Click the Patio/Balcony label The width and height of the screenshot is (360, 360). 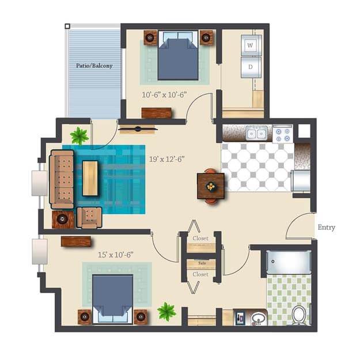(94, 66)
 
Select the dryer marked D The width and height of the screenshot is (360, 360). (251, 66)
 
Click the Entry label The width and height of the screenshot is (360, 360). (327, 228)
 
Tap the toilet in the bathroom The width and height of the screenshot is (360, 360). (298, 314)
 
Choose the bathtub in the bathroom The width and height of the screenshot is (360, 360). (289, 262)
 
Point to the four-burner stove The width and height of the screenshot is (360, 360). (282, 134)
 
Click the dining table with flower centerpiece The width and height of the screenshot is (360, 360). (211, 186)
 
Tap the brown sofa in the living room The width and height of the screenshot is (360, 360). (62, 179)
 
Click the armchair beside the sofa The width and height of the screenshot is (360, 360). (90, 218)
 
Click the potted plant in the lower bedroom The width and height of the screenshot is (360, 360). (166, 312)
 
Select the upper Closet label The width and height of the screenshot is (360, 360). (200, 238)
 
